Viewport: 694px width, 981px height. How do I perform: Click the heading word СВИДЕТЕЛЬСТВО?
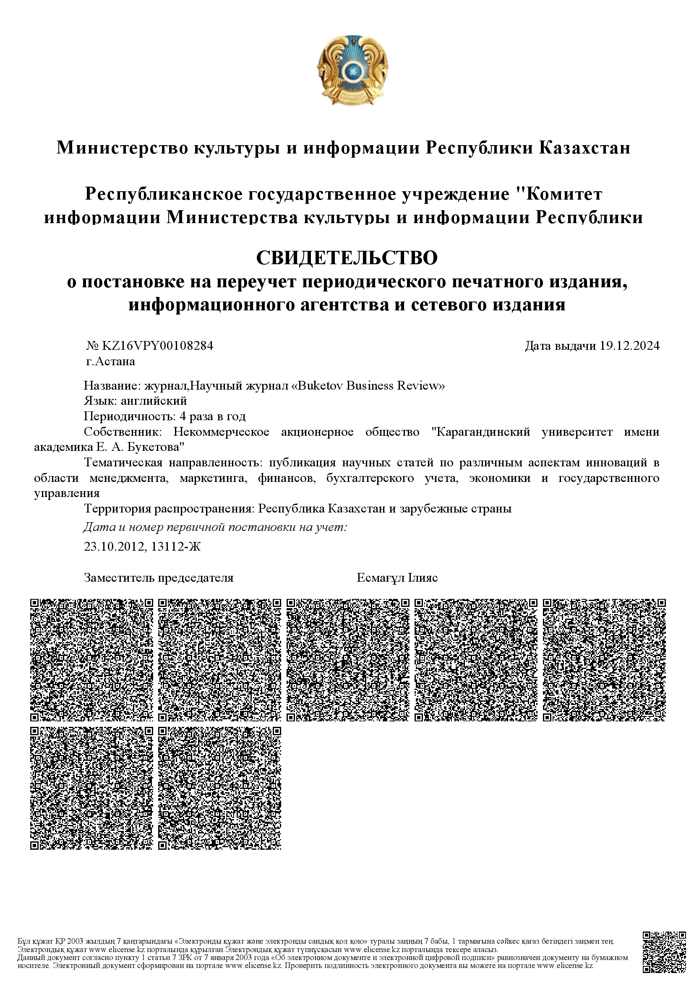(x=347, y=258)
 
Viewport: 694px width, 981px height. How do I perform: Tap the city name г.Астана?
(x=110, y=362)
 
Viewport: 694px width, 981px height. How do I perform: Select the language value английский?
(x=154, y=401)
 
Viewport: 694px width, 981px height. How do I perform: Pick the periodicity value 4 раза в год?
(x=210, y=416)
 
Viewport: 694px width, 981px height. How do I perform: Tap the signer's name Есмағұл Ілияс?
(x=397, y=578)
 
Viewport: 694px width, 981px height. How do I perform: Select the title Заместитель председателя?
(x=159, y=578)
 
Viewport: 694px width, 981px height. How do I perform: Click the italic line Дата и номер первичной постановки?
(x=215, y=528)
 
